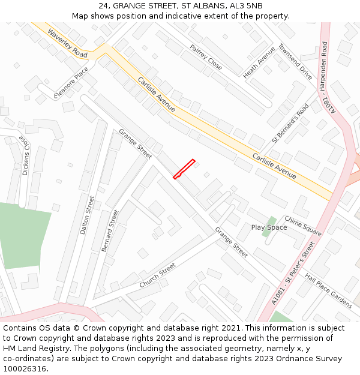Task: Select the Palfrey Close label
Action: tap(206, 57)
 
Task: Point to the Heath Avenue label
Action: tap(259, 62)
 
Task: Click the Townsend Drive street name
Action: tap(295, 61)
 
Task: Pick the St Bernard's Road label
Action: tap(290, 123)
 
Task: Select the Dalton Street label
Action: tap(88, 215)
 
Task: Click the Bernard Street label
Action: tap(111, 231)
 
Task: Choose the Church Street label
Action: tap(157, 275)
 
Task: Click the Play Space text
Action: tap(269, 227)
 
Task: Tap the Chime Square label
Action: tap(303, 226)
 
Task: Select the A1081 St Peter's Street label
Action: tap(293, 272)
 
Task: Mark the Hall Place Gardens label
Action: tap(328, 291)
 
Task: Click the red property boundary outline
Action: tap(184, 169)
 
